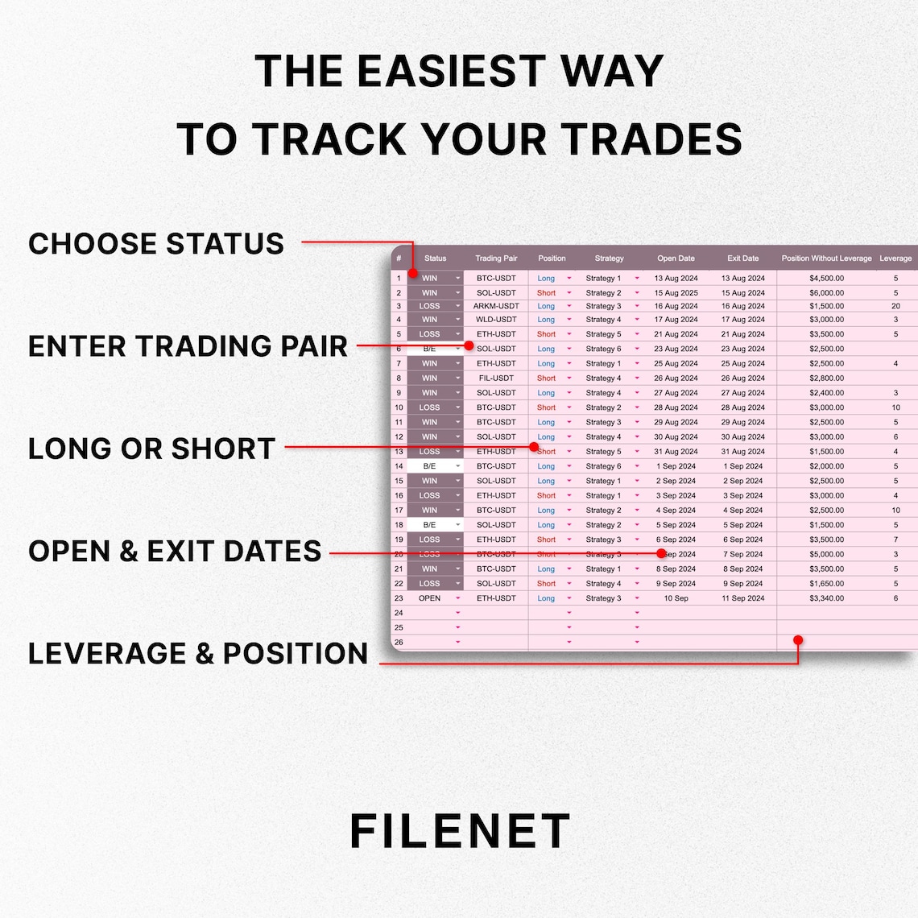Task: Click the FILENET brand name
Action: pos(460,831)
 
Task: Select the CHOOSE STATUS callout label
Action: pos(156,243)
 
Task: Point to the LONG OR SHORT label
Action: pos(152,449)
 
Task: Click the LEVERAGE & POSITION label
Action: pos(198,653)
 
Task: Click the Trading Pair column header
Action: pos(496,258)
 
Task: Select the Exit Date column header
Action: pos(742,258)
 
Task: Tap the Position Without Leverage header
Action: pos(826,258)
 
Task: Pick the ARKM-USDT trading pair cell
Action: pos(496,306)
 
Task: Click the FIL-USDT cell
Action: pos(496,378)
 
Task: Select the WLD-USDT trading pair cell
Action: pos(496,320)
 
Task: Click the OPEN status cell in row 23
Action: pos(429,598)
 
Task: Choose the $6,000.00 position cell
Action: pos(826,293)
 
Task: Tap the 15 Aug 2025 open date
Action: pos(676,293)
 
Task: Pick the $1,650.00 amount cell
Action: pos(826,584)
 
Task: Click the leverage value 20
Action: pos(895,306)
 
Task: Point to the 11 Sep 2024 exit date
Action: pos(742,598)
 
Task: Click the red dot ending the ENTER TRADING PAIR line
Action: pos(469,345)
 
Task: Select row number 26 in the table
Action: pos(399,643)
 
